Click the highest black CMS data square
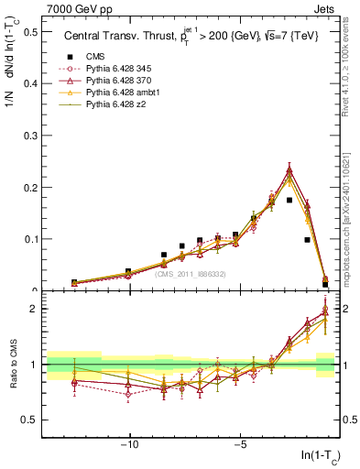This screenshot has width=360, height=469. coord(289,200)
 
